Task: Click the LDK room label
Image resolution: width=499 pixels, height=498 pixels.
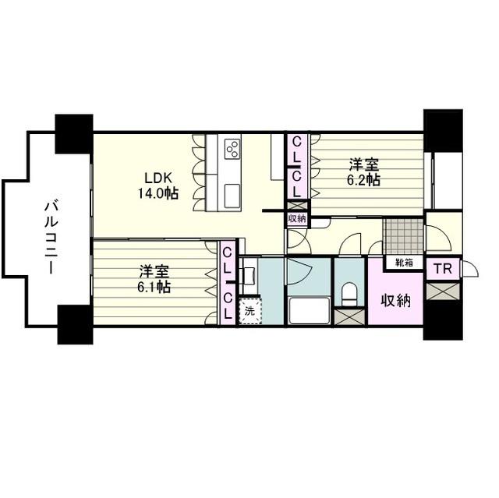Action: (158, 178)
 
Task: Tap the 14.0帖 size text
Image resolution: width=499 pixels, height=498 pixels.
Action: (157, 193)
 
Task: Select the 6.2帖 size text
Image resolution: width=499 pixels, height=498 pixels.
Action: (363, 180)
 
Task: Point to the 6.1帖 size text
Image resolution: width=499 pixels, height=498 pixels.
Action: (154, 287)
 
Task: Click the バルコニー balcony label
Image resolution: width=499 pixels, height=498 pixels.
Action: (51, 238)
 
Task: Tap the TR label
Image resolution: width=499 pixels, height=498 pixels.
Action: (443, 269)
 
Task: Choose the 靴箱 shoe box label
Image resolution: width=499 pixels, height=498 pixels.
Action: (404, 263)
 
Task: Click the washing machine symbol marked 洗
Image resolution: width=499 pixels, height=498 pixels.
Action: (250, 311)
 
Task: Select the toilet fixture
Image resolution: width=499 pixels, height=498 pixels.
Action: (349, 294)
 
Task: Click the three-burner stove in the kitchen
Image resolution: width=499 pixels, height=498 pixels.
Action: (232, 149)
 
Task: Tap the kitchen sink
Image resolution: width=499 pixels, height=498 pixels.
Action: (232, 196)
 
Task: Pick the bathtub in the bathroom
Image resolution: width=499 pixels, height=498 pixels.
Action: (309, 310)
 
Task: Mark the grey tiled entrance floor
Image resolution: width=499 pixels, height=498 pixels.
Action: (404, 236)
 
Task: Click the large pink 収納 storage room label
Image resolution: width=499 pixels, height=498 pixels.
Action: (396, 301)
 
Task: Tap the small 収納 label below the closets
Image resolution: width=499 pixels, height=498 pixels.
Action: (297, 219)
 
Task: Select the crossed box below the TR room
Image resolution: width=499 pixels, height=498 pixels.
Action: (443, 291)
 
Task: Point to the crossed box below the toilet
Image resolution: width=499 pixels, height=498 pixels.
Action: (349, 316)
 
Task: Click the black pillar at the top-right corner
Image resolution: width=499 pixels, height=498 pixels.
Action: (443, 131)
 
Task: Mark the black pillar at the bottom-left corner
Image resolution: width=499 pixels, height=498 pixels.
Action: (75, 324)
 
